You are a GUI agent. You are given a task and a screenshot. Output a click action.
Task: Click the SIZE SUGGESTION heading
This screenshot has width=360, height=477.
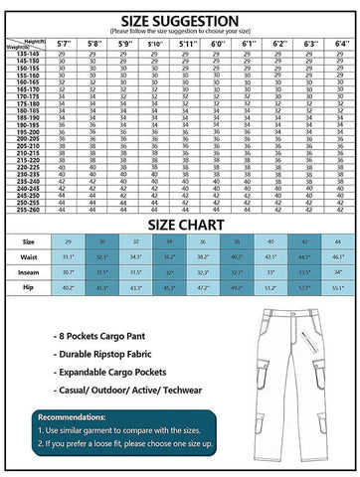coord(179,20)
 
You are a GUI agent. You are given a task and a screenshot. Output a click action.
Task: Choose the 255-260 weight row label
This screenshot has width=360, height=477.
coord(24,210)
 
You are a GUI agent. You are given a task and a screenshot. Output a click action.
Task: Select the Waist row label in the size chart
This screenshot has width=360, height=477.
coord(29,255)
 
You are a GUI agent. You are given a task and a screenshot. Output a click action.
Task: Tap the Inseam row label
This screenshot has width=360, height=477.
coord(29,271)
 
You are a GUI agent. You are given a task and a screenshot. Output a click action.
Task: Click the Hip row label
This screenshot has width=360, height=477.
coord(29,287)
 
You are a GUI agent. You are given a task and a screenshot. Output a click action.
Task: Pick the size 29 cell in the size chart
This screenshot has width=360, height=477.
coord(69,240)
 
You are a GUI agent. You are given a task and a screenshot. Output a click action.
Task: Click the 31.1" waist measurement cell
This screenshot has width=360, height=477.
coord(69,255)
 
